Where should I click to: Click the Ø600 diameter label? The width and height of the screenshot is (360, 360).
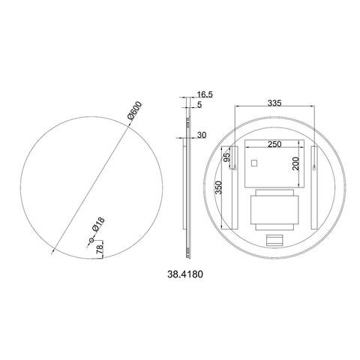click(x=134, y=110)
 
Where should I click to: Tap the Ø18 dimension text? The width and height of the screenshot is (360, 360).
click(x=98, y=224)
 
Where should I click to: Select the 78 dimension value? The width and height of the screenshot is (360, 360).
click(x=100, y=250)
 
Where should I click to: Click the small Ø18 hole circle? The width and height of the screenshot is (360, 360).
click(x=91, y=241)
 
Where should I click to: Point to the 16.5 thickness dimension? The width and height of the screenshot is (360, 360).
click(x=205, y=94)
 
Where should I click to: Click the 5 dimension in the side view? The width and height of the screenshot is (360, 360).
click(x=199, y=105)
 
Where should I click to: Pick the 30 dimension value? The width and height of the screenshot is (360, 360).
click(x=202, y=135)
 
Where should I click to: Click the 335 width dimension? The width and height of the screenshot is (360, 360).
click(x=274, y=103)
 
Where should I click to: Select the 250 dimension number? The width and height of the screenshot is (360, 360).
click(x=274, y=144)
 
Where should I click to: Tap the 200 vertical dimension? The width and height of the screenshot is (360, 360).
click(x=296, y=163)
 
